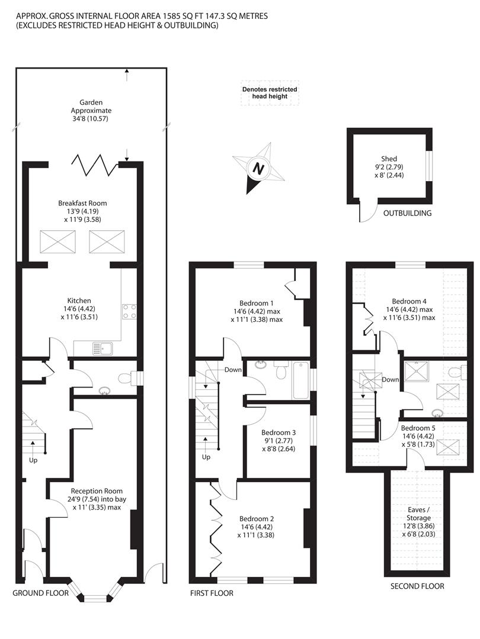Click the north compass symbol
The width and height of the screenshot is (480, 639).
coord(258,168)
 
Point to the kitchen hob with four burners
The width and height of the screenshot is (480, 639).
coord(130,311)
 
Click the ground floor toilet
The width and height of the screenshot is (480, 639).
coord(124,378)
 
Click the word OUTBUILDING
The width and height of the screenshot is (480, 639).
coord(407,213)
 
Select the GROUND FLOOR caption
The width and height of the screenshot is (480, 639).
coord(40,593)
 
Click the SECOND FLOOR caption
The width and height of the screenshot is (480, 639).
coord(417,586)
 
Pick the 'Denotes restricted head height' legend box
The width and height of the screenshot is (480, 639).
coord(269,93)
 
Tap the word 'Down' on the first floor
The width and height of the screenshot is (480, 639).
coord(232,370)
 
